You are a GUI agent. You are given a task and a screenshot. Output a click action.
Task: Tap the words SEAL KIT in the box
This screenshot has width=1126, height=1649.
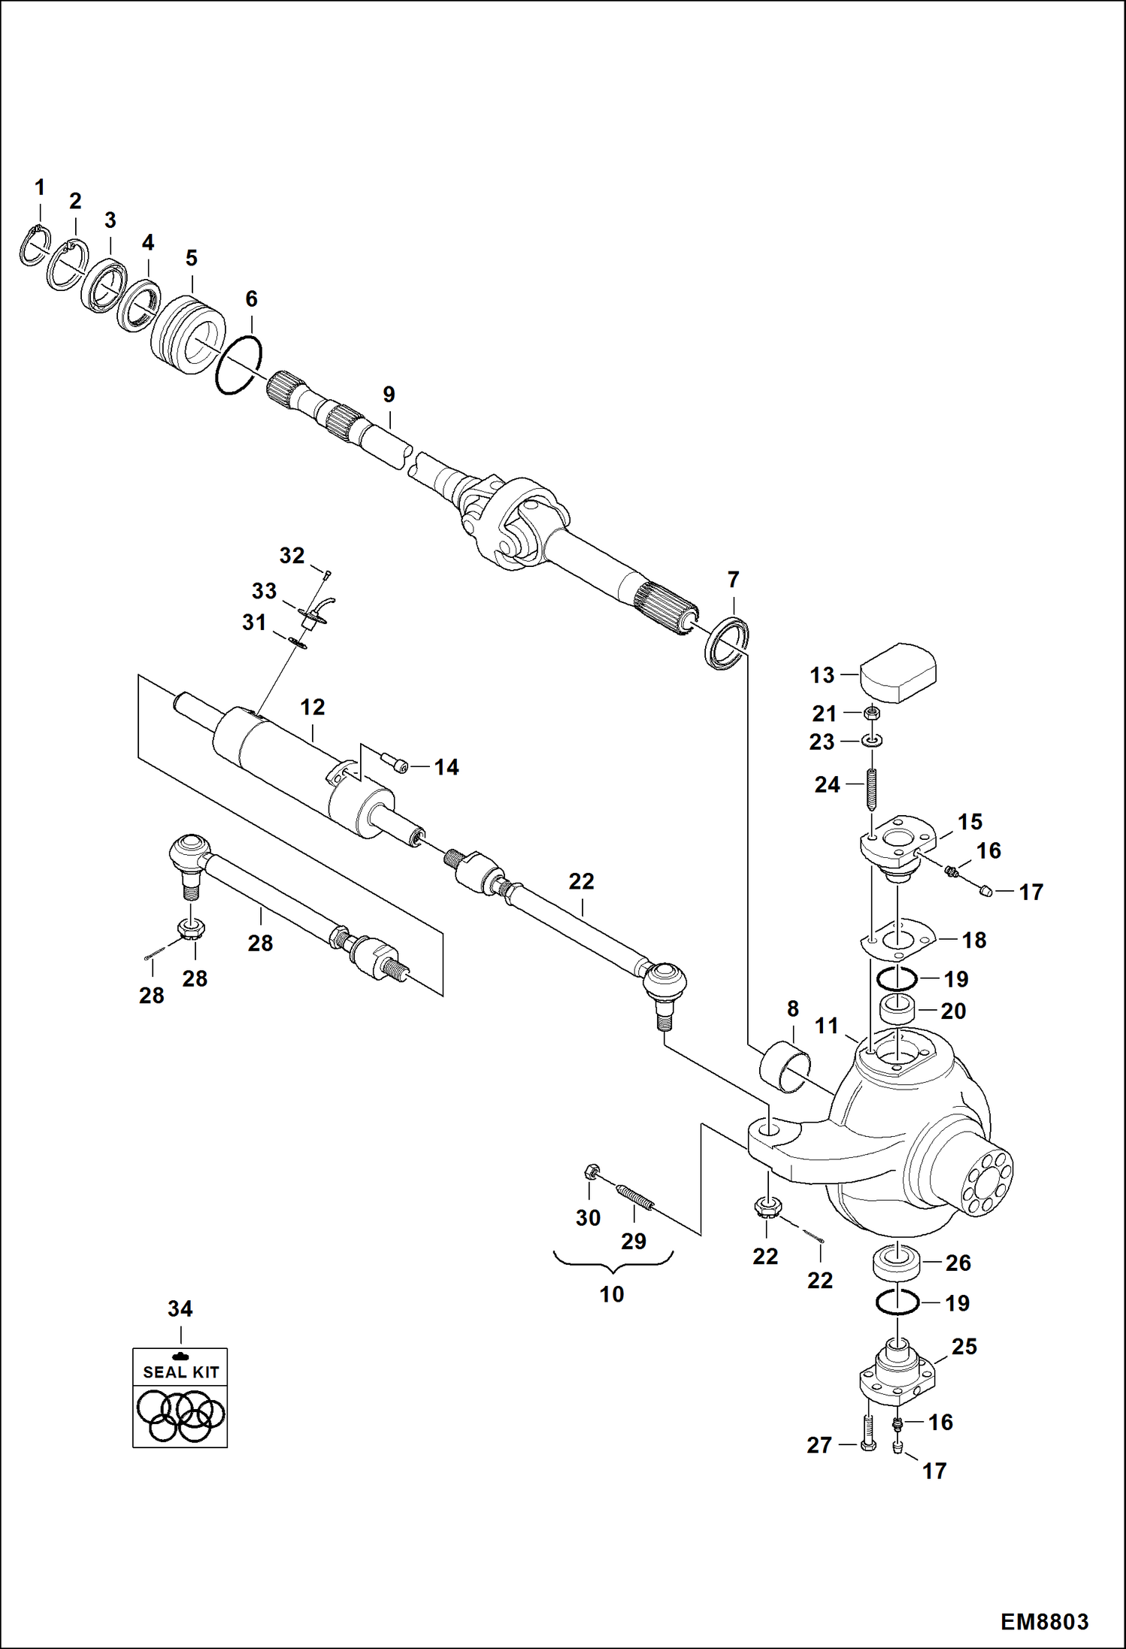click(x=180, y=1372)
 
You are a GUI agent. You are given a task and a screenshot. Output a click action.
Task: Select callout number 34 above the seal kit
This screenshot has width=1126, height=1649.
click(x=180, y=1309)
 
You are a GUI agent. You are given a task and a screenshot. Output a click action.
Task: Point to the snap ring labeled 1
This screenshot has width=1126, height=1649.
click(x=34, y=246)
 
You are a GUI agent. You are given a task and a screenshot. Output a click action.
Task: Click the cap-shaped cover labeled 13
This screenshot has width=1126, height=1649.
click(x=898, y=672)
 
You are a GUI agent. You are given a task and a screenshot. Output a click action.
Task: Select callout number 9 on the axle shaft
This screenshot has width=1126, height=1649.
click(x=389, y=394)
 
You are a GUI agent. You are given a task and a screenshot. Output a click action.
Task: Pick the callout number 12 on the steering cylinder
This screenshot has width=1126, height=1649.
click(x=313, y=707)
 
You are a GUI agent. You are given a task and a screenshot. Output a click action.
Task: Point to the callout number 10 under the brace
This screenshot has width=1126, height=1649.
click(x=612, y=1294)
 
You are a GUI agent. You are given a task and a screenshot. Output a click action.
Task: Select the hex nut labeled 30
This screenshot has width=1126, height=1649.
click(x=591, y=1172)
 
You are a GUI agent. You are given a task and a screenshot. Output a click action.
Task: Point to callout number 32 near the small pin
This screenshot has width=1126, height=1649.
click(x=292, y=556)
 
